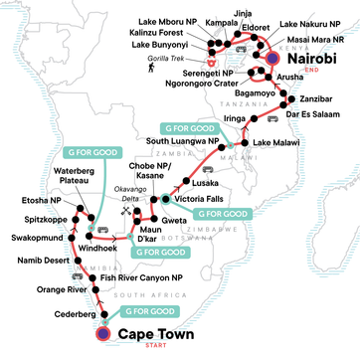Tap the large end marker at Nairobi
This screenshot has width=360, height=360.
pos(273,59)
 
